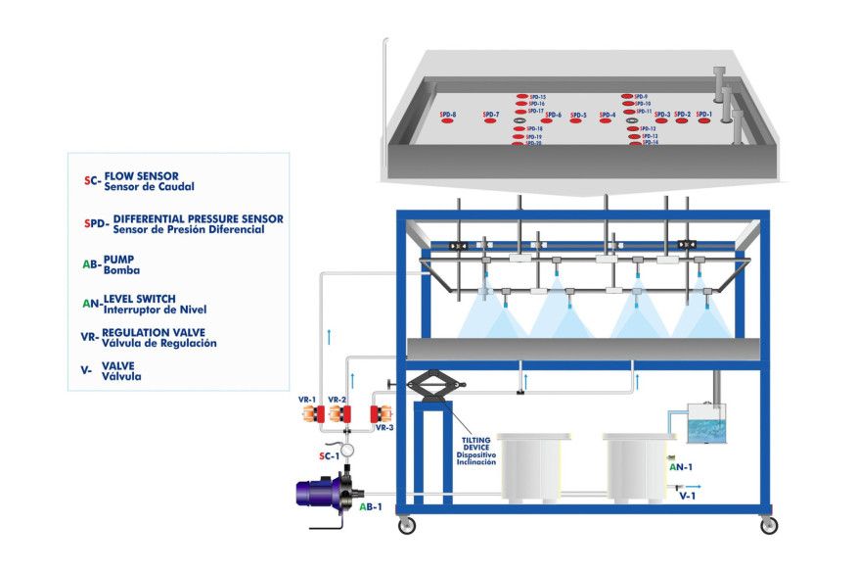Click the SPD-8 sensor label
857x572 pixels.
click(x=448, y=116)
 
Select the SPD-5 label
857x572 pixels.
click(x=578, y=116)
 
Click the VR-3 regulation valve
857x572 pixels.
click(x=382, y=415)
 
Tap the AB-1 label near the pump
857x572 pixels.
click(x=371, y=507)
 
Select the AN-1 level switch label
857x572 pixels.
click(x=681, y=468)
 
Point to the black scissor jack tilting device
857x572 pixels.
click(x=430, y=386)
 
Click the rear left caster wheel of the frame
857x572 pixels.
click(x=406, y=526)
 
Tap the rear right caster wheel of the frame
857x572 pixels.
click(x=769, y=526)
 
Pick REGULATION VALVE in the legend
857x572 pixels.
click(x=159, y=333)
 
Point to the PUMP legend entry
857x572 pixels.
click(x=119, y=260)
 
